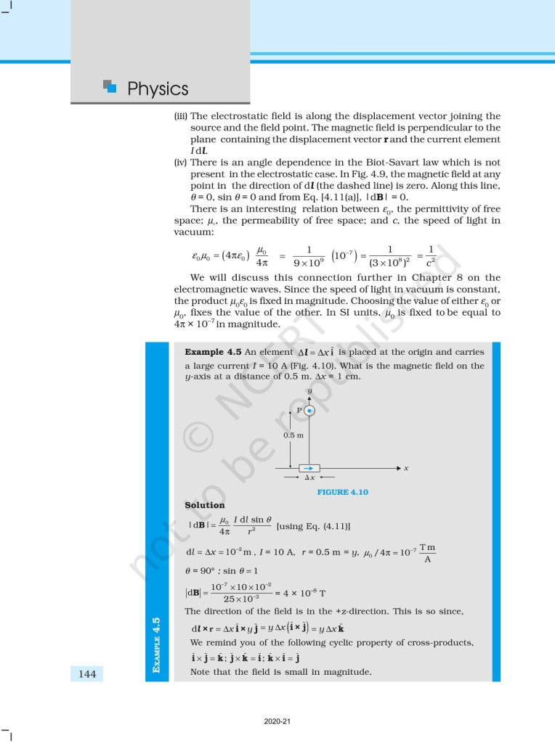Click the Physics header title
[x=158, y=89]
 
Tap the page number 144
[x=86, y=674]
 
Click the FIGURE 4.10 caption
[x=342, y=492]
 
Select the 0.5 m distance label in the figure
[x=293, y=435]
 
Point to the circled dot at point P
[x=309, y=411]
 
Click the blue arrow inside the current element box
[x=309, y=469]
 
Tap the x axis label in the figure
[x=406, y=469]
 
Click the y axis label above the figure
[x=309, y=391]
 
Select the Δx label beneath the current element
[x=309, y=479]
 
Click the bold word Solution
[x=205, y=505]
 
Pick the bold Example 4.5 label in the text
[x=214, y=352]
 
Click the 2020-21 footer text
[x=277, y=722]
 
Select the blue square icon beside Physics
[x=110, y=87]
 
